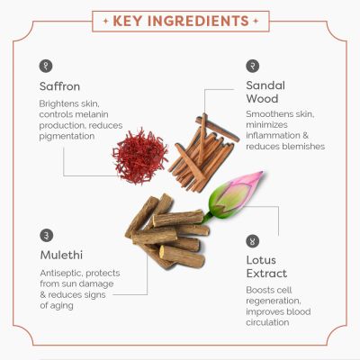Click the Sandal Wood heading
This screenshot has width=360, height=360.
coord(265,92)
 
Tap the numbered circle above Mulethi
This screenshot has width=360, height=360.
coord(46,235)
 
